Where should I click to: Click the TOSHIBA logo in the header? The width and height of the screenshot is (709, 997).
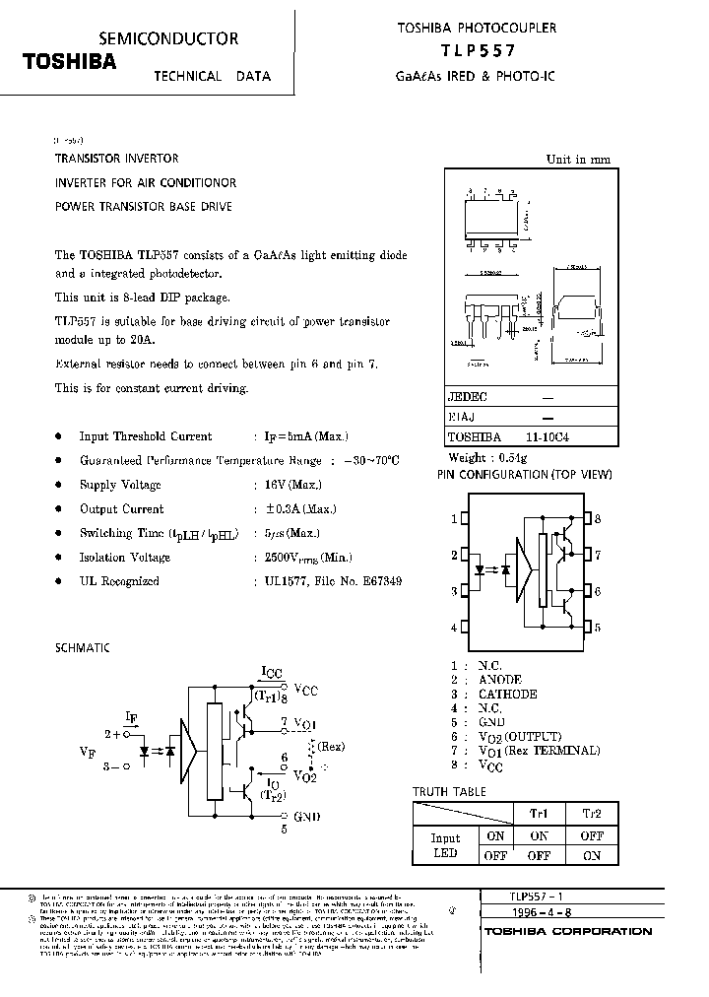coord(70,61)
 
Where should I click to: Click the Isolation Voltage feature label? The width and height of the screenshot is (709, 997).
coord(125,558)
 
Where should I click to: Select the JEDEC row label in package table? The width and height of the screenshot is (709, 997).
coord(468,397)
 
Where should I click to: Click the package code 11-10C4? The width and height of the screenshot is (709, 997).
coord(547,437)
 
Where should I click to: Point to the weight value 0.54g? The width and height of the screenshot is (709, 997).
coord(513,458)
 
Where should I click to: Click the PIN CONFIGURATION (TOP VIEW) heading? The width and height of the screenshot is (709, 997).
coord(524,474)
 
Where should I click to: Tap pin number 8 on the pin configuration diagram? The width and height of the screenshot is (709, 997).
coord(597,518)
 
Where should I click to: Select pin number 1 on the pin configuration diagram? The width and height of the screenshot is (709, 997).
coord(454,518)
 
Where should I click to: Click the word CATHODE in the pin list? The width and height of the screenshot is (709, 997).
coord(508,694)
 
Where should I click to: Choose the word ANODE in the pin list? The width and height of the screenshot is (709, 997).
coord(500,680)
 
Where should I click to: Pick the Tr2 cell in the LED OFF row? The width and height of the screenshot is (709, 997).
coord(591,856)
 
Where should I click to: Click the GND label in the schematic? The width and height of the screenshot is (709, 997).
coord(305,816)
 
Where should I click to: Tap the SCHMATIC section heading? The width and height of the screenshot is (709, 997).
coord(83,647)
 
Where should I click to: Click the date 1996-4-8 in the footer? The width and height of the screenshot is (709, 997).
coord(510,913)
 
